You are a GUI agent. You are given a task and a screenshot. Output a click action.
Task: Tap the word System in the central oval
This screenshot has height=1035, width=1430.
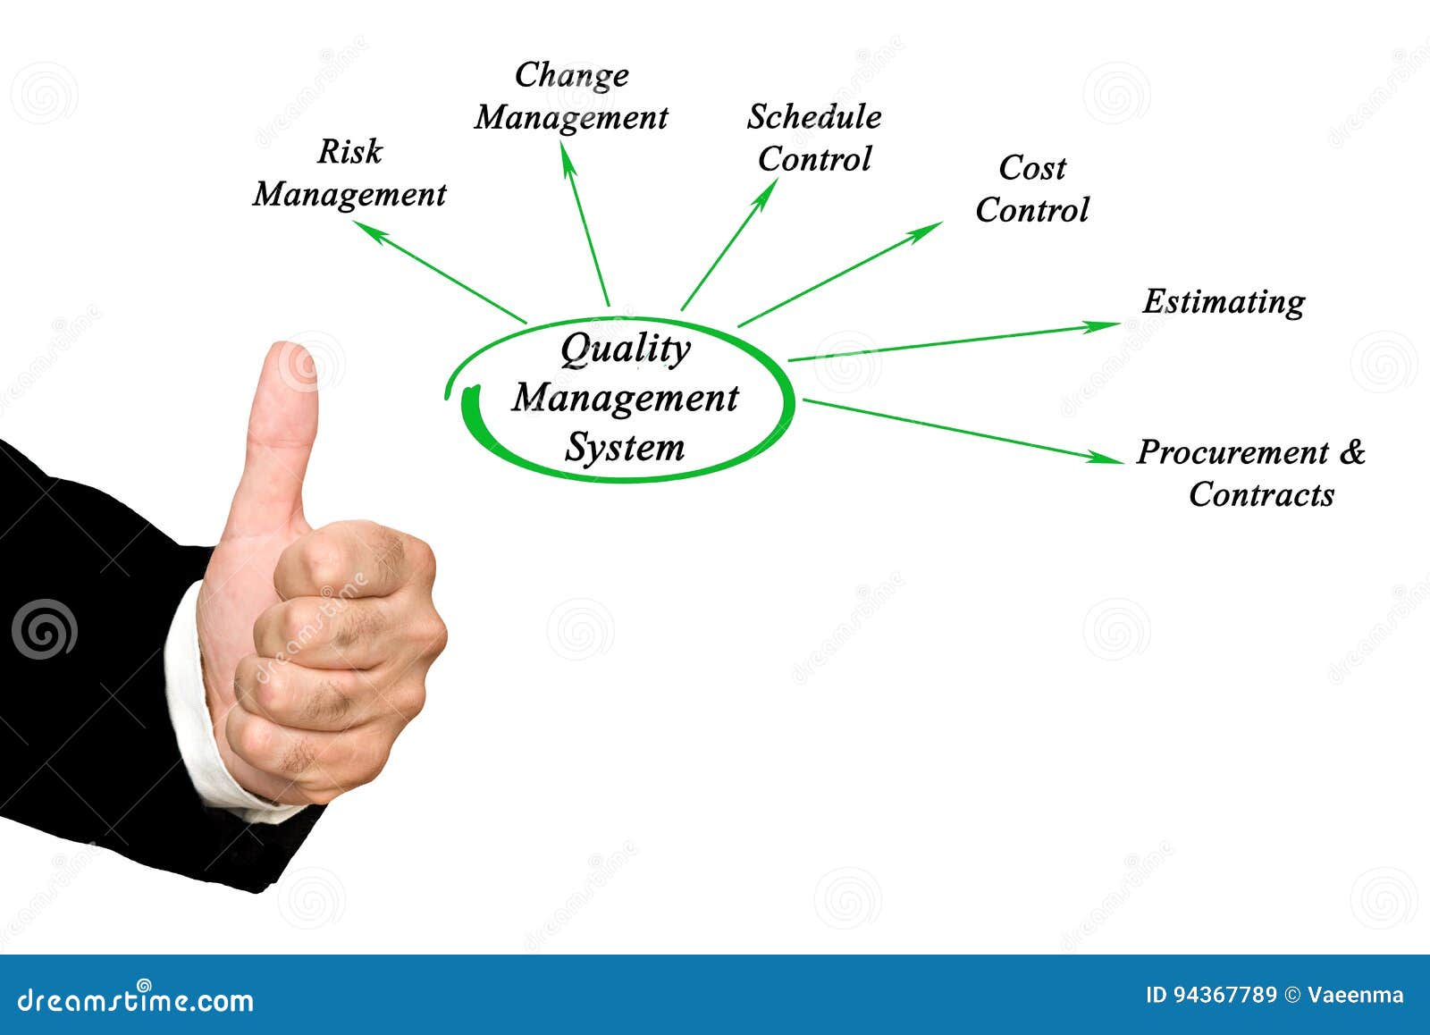click(624, 447)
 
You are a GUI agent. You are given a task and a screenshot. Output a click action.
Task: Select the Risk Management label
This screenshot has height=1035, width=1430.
click(349, 173)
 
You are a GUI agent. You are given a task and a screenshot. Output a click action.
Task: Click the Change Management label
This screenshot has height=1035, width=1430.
click(572, 97)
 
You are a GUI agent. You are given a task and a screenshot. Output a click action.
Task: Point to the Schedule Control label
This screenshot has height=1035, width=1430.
click(814, 138)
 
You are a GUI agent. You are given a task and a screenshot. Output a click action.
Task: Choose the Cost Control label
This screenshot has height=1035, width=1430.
click(1032, 189)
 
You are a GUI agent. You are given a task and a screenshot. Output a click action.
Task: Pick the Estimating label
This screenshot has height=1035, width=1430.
click(1224, 301)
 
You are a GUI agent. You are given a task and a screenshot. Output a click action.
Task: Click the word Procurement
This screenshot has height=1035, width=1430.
click(1232, 452)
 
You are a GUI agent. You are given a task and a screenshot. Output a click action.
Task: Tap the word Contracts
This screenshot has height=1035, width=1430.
click(1261, 494)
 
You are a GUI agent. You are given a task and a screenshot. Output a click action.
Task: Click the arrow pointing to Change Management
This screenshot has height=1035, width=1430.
click(585, 223)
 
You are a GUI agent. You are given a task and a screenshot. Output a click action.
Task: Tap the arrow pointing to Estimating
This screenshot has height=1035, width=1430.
click(952, 342)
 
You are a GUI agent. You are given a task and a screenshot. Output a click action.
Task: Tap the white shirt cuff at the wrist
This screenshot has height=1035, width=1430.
click(201, 706)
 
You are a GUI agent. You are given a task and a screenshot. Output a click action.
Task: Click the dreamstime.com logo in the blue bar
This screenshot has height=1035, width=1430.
click(136, 1000)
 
